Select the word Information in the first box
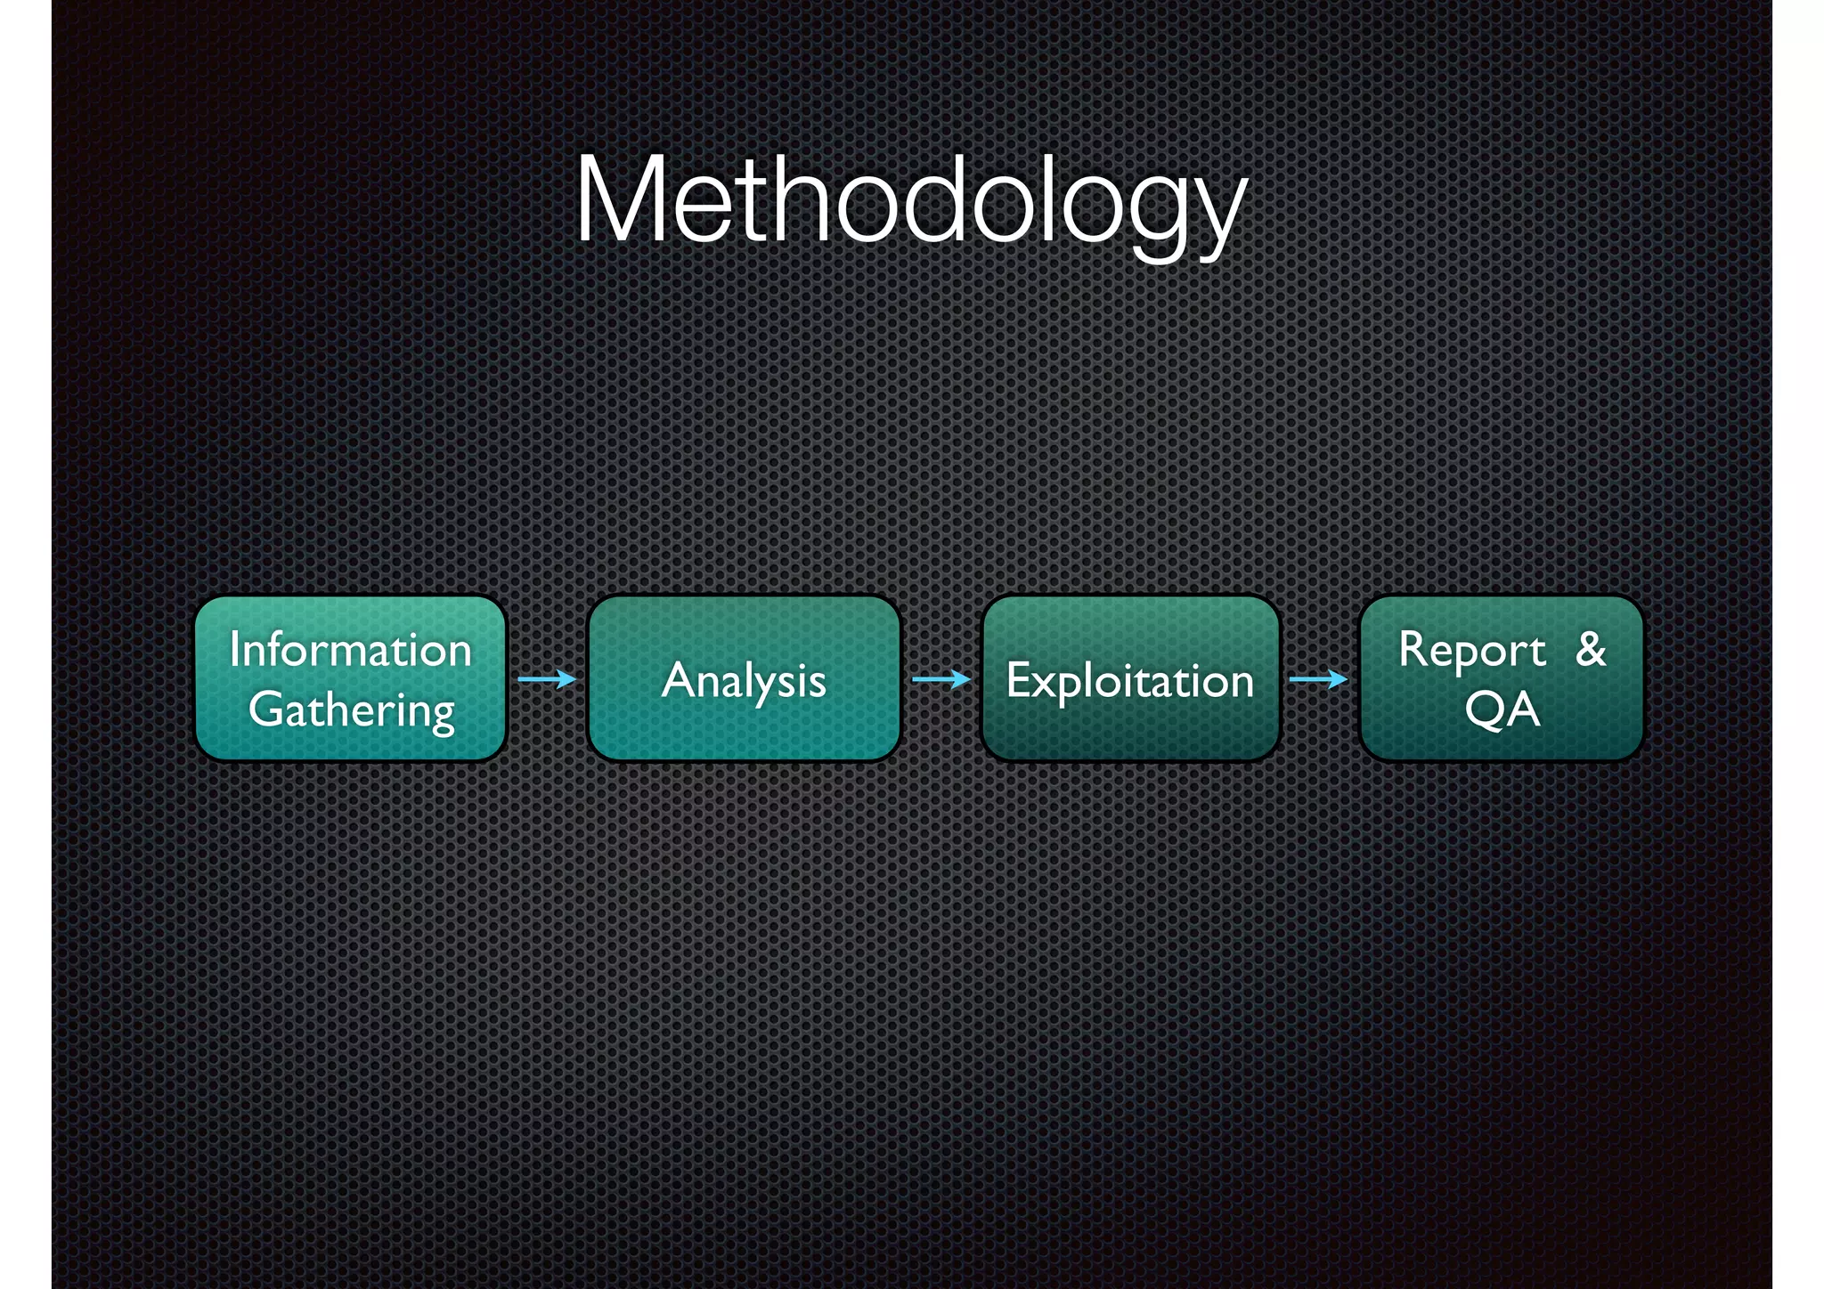point(350,650)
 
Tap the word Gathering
point(352,710)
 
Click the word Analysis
point(744,681)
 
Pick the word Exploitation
point(1129,681)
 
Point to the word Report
point(1471,650)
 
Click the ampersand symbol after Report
point(1591,649)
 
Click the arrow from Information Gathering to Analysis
point(547,679)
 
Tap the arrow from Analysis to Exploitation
point(941,679)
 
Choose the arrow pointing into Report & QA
point(1319,679)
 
